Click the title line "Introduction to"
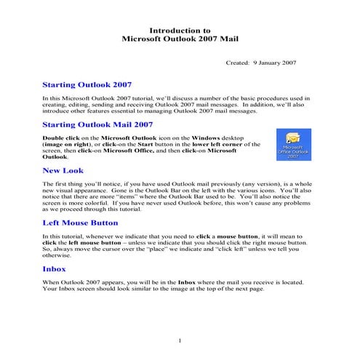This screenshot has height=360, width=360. pyautogui.click(x=180, y=31)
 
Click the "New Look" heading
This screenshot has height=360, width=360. pyautogui.click(x=64, y=171)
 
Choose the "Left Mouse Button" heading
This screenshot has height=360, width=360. pyautogui.click(x=80, y=223)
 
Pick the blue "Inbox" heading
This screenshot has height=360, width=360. pyautogui.click(x=55, y=268)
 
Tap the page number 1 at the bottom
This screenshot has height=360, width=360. pyautogui.click(x=179, y=340)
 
